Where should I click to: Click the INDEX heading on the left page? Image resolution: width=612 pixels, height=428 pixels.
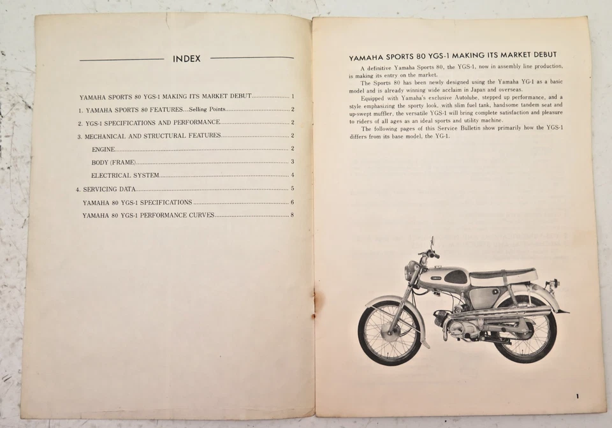186,59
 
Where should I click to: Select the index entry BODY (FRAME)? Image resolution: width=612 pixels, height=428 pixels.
113,162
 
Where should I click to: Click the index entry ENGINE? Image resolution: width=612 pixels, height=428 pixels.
103,149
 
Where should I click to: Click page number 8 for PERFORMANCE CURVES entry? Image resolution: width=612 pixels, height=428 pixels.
292,215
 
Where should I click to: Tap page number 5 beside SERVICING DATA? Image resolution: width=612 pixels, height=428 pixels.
292,189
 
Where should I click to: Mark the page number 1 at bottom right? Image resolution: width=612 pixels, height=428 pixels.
577,396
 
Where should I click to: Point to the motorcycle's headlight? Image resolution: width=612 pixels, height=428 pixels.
412,269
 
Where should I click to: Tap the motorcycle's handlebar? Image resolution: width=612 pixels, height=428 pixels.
431,253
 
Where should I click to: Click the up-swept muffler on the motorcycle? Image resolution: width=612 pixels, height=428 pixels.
504,313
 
